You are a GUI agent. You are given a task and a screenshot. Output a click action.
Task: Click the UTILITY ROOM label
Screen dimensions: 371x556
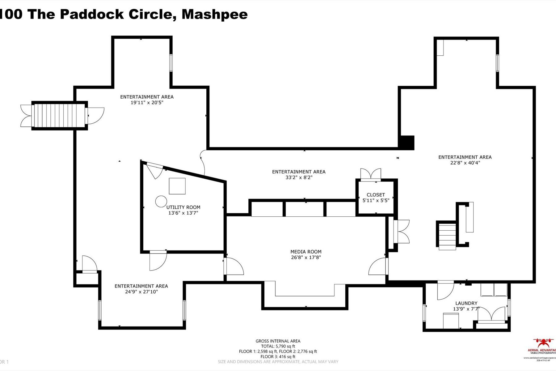183,207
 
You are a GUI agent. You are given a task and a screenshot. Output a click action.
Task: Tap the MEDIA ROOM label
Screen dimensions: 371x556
306,252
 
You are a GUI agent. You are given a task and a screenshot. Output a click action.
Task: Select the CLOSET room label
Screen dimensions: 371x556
376,195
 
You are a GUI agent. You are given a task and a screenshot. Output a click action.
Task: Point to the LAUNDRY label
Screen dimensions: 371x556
466,303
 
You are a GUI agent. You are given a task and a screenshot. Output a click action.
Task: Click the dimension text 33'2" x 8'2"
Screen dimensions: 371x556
298,177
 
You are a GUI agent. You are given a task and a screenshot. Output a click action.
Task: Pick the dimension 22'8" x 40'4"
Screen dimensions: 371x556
465,163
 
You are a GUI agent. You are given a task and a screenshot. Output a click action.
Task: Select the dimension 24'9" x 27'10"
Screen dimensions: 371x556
141,292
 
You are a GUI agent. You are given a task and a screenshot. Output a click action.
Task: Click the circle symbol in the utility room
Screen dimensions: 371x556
161,201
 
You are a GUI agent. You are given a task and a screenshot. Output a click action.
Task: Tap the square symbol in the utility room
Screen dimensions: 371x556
177,186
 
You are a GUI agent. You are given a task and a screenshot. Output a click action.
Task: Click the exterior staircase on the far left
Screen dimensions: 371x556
59,116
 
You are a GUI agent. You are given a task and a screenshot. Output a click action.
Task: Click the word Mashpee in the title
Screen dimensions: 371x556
214,14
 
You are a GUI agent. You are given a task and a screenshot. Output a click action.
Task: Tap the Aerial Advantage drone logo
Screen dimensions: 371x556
544,343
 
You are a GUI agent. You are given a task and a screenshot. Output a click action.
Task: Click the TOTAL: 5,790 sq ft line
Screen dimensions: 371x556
278,346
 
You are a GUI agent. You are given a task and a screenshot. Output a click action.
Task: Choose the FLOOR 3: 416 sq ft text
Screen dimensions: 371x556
278,356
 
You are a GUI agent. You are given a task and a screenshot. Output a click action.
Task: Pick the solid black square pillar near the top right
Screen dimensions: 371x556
407,143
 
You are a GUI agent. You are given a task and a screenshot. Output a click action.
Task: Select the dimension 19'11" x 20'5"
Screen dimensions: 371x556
147,103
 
